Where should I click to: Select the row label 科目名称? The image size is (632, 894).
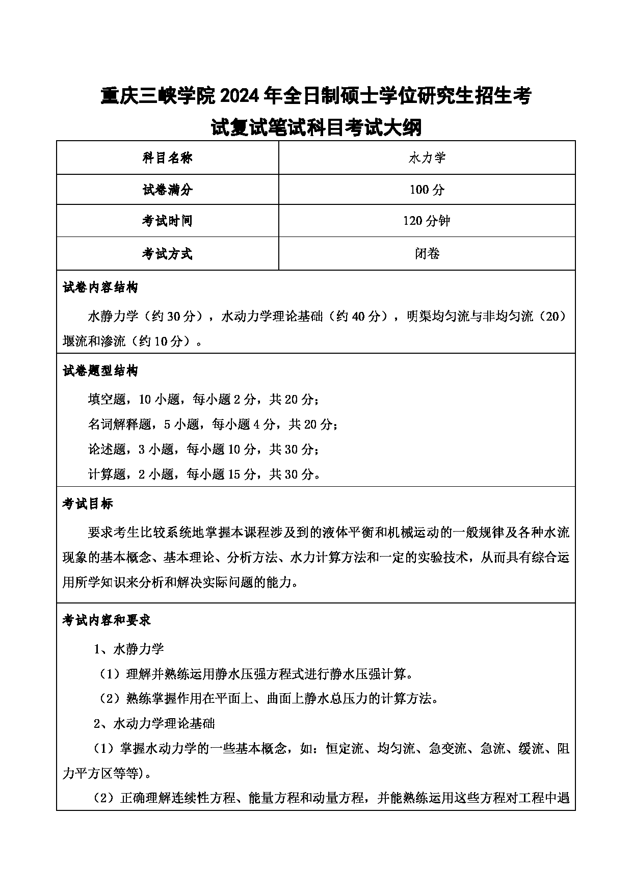(167, 158)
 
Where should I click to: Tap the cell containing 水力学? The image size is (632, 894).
(427, 158)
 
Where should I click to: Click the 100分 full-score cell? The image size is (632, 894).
(427, 190)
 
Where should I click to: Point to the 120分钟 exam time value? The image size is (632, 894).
(427, 221)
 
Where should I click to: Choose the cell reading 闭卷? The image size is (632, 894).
(427, 253)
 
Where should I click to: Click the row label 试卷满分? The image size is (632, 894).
(167, 190)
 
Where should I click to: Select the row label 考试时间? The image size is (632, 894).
(167, 221)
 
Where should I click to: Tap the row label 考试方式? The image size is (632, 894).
(167, 253)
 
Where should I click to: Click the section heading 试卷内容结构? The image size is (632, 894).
(100, 287)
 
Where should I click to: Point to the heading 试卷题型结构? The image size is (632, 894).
(100, 371)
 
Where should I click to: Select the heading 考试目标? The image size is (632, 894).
(88, 504)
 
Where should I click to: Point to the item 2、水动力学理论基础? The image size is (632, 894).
(154, 723)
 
